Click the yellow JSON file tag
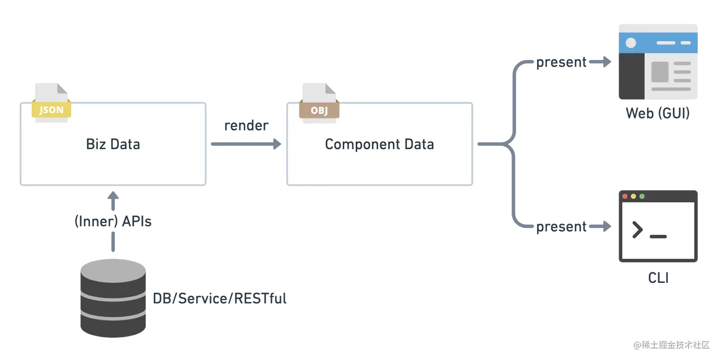pos(51,110)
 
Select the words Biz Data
pos(113,144)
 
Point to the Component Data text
pos(379,144)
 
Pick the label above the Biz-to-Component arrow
pos(246,127)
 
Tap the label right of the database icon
pos(220,299)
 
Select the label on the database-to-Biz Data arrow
pos(112,221)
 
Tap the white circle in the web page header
pos(630,43)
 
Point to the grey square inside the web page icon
pos(660,71)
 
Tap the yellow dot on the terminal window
pos(633,196)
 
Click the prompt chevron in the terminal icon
pos(637,230)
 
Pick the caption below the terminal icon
pos(659,279)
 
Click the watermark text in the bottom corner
pos(670,344)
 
